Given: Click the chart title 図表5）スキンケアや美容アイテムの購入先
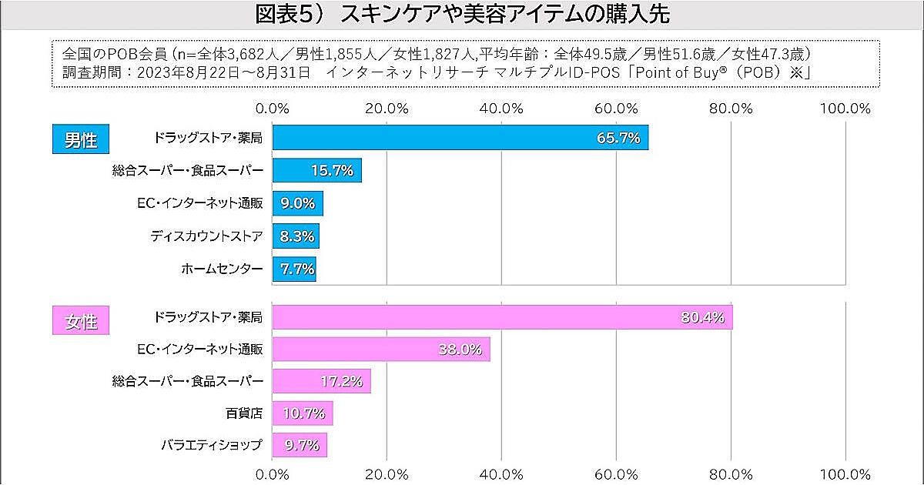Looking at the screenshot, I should click(x=462, y=15).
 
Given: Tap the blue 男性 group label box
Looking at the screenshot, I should click(x=81, y=140).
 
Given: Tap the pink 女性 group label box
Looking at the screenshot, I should click(x=81, y=321).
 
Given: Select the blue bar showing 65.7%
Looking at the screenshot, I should click(x=460, y=139).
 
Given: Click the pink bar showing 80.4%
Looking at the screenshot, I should click(x=502, y=317).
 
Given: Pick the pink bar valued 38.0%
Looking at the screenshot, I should click(x=381, y=350).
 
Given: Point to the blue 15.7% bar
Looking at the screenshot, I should click(x=317, y=171).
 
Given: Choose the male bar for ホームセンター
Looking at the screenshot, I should click(x=294, y=269).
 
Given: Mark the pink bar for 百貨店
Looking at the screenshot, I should click(x=303, y=413).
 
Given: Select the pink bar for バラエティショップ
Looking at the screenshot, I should click(x=300, y=445).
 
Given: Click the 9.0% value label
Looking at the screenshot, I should click(x=298, y=204).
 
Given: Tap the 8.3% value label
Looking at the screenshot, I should click(x=296, y=237).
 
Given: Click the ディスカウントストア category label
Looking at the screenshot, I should click(x=206, y=236).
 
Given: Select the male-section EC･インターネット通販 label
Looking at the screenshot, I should click(x=199, y=203).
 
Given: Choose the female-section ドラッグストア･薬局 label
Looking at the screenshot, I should click(x=208, y=317).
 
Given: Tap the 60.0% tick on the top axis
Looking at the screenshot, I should click(x=616, y=109).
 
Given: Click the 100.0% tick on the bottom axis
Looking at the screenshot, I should click(x=845, y=474).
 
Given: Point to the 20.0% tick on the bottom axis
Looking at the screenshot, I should click(x=387, y=474).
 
